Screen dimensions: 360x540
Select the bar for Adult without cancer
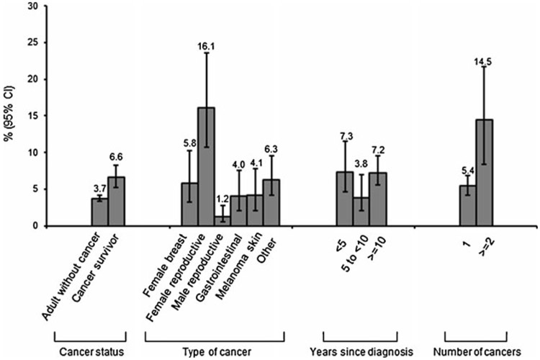(x=99, y=212)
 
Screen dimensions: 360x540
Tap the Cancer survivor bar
(x=117, y=202)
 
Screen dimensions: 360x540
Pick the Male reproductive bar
(x=222, y=221)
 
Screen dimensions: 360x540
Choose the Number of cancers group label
(x=477, y=351)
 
